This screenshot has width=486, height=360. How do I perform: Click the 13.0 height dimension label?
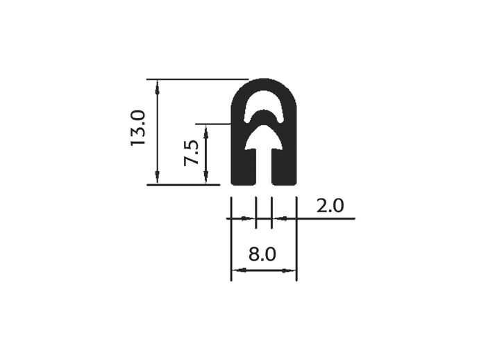click(137, 128)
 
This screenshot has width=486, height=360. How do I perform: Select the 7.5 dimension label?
click(191, 153)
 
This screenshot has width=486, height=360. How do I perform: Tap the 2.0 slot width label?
click(330, 206)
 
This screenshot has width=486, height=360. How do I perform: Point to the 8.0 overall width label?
click(262, 254)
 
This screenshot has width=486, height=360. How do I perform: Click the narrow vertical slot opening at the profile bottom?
click(264, 167)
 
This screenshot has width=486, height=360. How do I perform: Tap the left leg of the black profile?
click(244, 167)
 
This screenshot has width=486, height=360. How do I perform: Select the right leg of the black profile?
click(284, 167)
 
